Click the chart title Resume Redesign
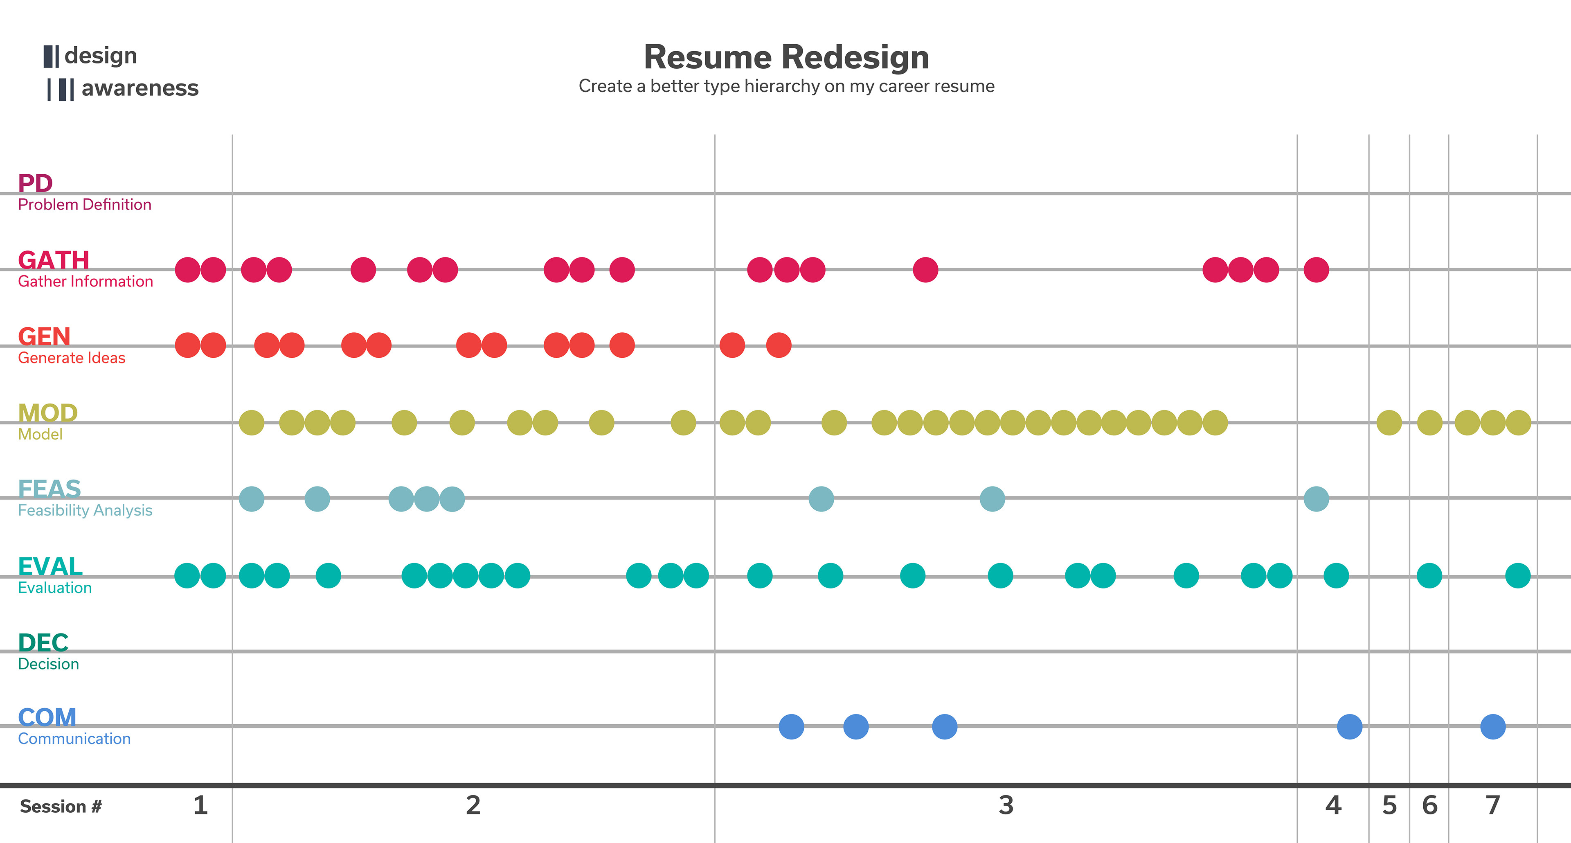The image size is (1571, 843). click(786, 57)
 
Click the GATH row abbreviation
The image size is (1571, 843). click(54, 260)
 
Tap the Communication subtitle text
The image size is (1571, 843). click(74, 739)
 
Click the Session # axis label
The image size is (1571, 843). click(61, 807)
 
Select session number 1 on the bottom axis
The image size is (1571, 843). click(200, 805)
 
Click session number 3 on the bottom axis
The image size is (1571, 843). click(1006, 805)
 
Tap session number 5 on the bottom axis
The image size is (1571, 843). click(1389, 805)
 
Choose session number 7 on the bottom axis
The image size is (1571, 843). click(1492, 805)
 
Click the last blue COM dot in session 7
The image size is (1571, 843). click(1492, 726)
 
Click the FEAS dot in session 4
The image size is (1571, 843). click(1316, 499)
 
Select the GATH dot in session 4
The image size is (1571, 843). click(1316, 270)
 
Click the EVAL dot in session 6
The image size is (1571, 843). click(1429, 575)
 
